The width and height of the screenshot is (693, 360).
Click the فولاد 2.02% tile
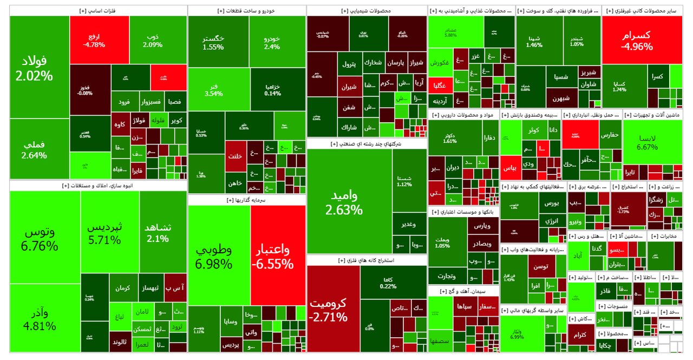tap(40, 67)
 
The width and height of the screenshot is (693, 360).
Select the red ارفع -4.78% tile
tap(99, 40)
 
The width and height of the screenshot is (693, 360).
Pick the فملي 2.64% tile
tap(40, 149)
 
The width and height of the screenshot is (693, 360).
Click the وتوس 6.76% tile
tap(45, 238)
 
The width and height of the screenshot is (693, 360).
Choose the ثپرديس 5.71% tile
tap(110, 233)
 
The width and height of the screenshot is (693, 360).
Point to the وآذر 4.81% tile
tap(45, 318)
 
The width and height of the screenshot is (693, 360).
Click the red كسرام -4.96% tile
tap(644, 40)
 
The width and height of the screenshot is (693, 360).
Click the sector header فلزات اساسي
tap(98, 11)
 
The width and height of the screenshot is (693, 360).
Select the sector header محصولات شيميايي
tap(367, 11)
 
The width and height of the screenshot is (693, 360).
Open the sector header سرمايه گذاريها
tap(246, 200)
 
